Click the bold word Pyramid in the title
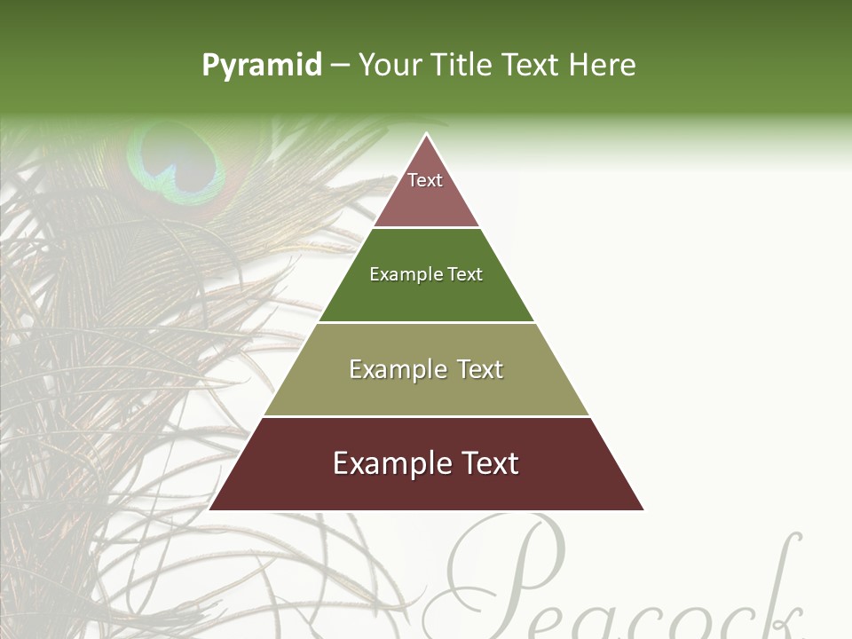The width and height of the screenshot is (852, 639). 262,65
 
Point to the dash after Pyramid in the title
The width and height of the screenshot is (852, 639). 340,66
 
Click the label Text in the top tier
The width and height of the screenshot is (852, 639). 425,180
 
